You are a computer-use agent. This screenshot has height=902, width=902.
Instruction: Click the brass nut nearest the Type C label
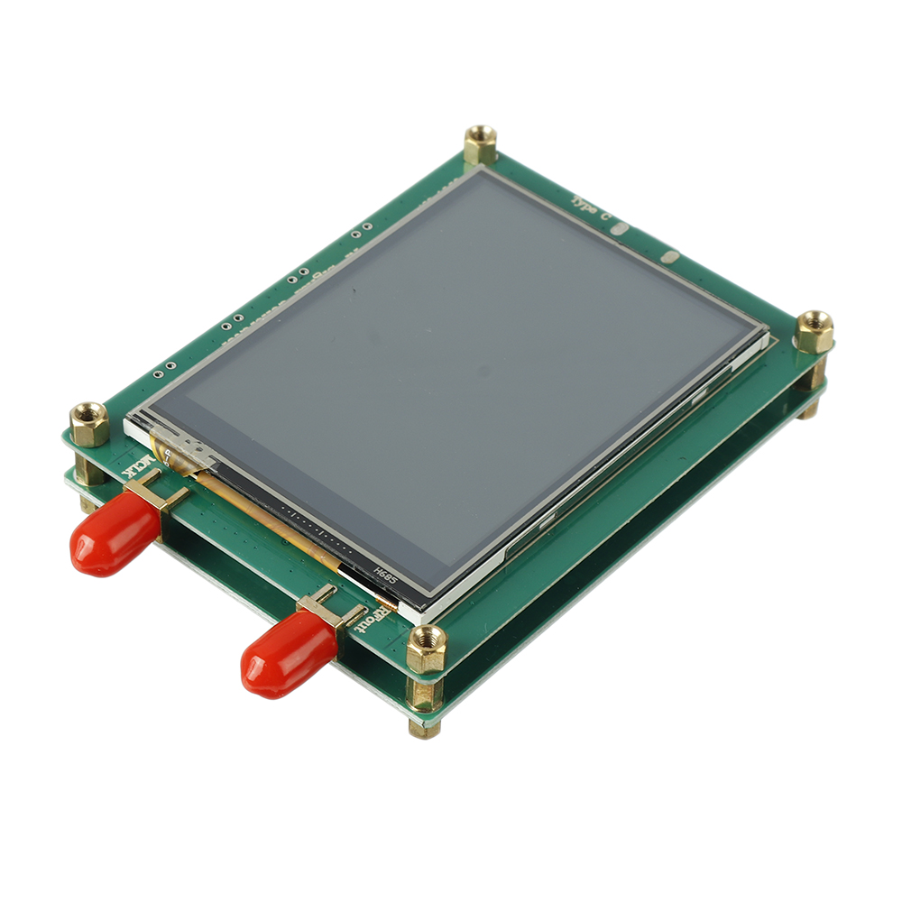coord(481,143)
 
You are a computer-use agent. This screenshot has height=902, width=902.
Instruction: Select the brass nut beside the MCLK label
coord(89,423)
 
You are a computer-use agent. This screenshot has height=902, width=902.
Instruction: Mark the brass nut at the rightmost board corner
coord(814,331)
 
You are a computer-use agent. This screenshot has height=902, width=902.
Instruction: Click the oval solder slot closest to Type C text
coord(619,229)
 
